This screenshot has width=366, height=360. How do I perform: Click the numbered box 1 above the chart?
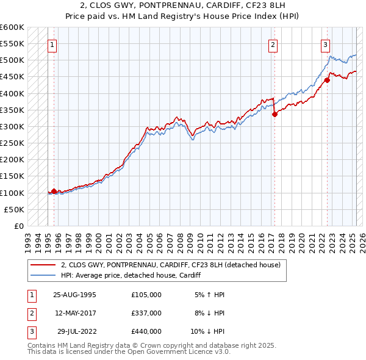click(x=52, y=44)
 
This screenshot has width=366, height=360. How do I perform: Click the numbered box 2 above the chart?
click(x=273, y=44)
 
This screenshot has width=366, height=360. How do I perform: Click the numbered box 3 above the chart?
click(x=326, y=44)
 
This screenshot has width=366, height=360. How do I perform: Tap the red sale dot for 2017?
click(x=274, y=113)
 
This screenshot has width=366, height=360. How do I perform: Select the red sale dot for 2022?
click(x=328, y=79)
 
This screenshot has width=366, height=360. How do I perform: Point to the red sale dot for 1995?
click(x=54, y=191)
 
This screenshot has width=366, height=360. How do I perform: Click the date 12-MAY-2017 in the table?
click(x=74, y=312)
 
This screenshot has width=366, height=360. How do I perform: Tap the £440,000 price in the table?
click(x=146, y=331)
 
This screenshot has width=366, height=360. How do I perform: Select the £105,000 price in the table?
click(x=146, y=294)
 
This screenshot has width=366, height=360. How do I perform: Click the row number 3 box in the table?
click(x=30, y=331)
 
